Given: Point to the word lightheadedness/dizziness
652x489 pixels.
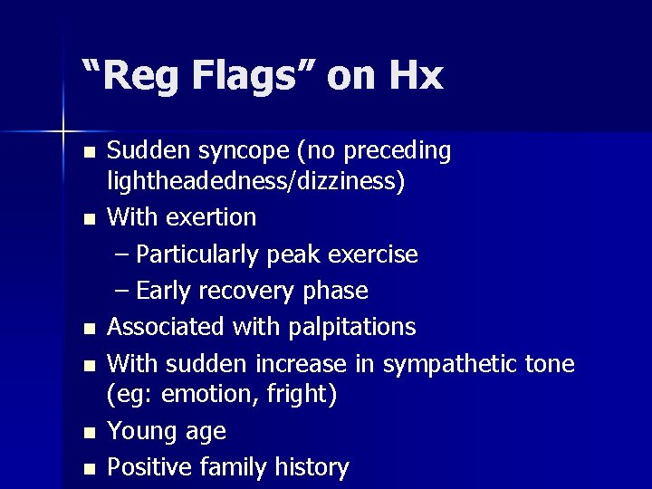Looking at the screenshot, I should point(256,181).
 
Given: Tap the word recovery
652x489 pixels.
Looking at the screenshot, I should point(243,291).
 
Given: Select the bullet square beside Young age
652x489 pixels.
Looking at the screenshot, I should point(88,433).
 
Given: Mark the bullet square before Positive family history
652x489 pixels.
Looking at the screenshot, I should point(88,469).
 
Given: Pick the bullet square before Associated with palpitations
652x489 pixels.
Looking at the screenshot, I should point(88,328).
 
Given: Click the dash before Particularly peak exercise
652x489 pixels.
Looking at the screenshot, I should point(123,255).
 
